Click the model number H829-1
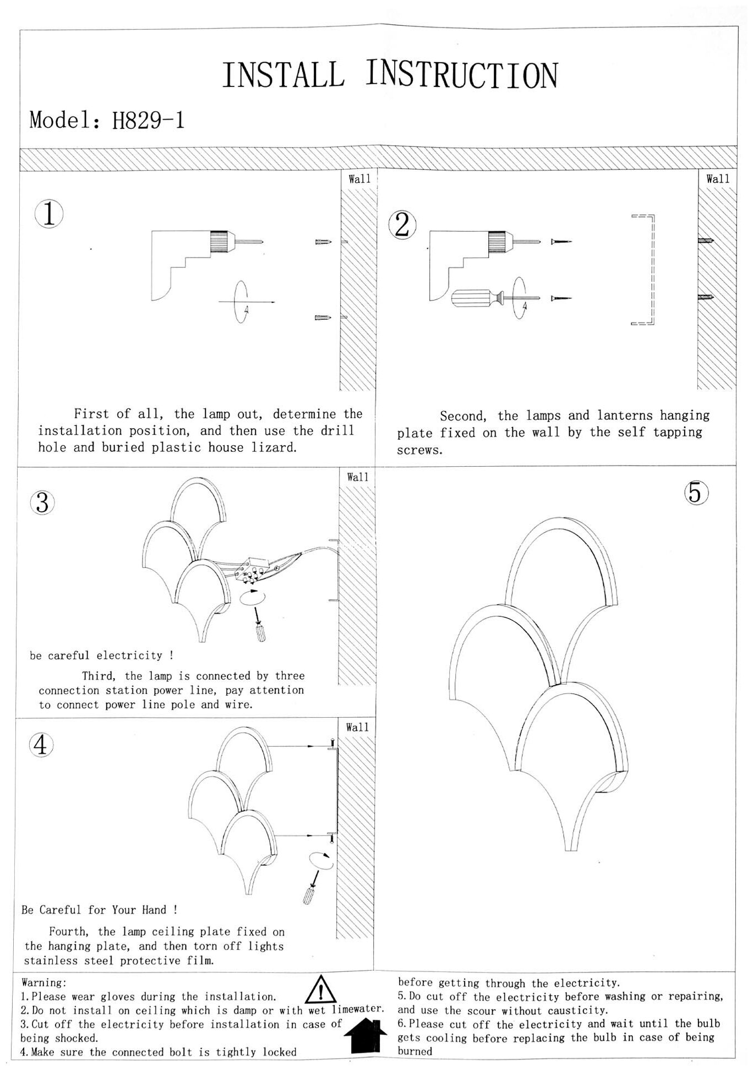(148, 120)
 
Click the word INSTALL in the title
(283, 76)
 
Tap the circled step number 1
(49, 214)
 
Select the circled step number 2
(402, 225)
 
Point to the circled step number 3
(42, 502)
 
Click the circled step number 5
(696, 493)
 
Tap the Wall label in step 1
(359, 179)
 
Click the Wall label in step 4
(357, 727)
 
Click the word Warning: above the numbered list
(44, 982)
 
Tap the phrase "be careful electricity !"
(102, 655)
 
